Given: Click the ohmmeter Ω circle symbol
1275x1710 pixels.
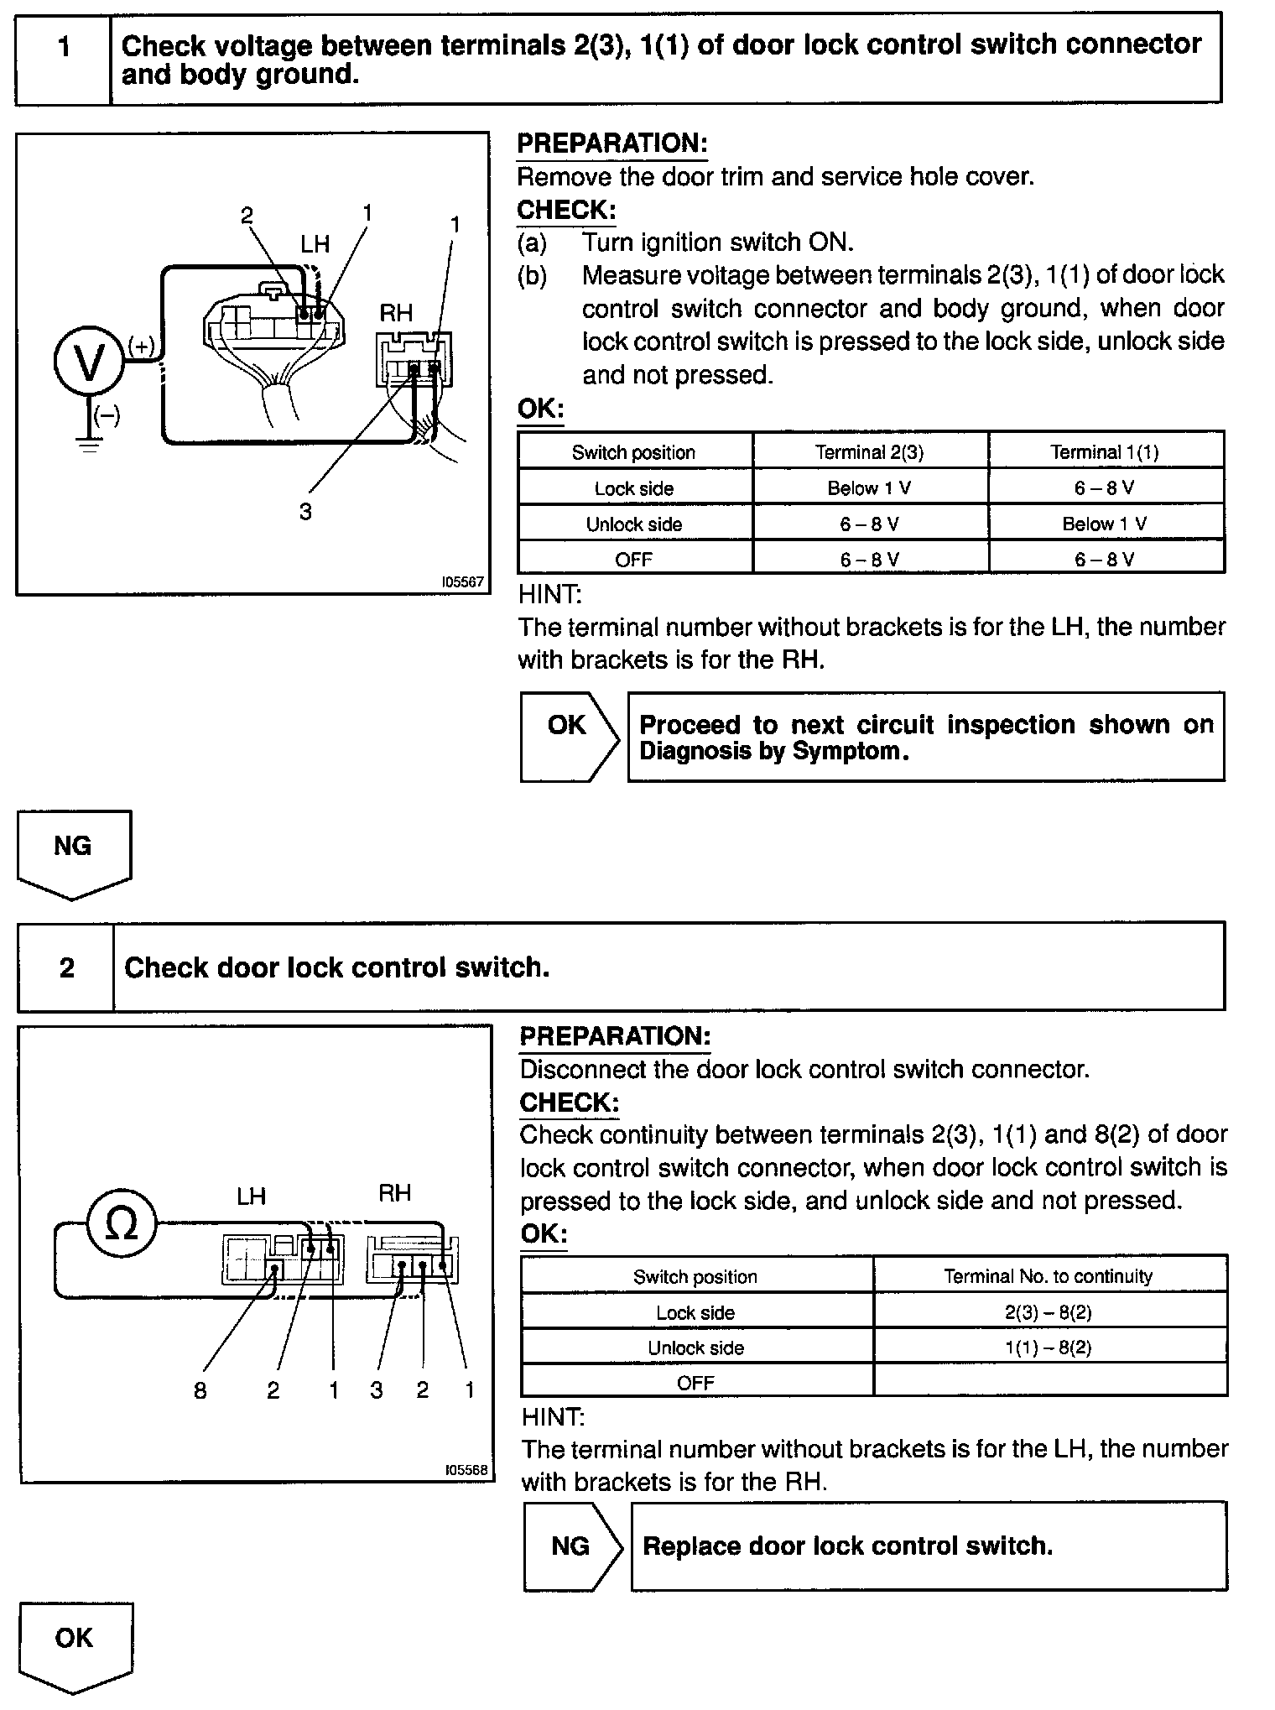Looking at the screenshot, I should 122,1225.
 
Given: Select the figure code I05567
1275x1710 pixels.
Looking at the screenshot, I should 464,581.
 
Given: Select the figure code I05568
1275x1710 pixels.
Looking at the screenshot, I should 466,1470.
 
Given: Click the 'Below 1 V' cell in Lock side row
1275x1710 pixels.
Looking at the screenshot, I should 870,488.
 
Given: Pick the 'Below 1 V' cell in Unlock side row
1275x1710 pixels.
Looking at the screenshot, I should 1105,524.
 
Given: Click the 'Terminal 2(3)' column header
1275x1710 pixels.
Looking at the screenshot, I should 870,453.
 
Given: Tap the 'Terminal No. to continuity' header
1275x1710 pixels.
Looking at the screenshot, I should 1049,1277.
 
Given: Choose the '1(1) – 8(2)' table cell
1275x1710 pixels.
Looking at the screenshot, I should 1049,1348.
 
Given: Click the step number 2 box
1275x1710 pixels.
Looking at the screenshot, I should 67,968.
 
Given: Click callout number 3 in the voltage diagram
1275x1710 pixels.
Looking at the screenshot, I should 305,512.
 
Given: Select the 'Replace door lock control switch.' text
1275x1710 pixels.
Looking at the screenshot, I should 847,1546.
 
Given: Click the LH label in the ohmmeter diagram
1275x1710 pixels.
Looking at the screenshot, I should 251,1196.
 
